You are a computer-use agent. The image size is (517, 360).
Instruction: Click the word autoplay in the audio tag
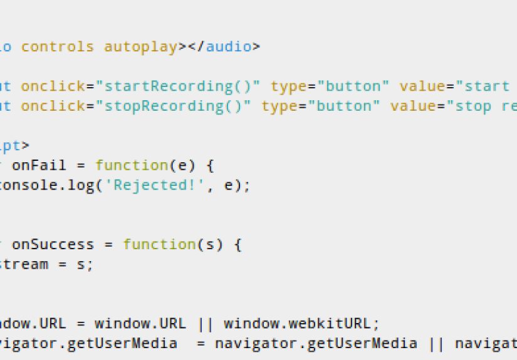[x=141, y=46]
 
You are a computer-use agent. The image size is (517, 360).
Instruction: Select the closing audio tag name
[x=229, y=46]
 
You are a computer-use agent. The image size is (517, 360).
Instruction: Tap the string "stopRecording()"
[x=173, y=106]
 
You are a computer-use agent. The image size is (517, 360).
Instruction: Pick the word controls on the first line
[x=58, y=46]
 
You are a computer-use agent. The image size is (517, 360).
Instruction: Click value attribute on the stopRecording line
[x=414, y=106]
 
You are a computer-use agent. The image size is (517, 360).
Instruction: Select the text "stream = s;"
[x=44, y=264]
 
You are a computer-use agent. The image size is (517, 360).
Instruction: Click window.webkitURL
[x=301, y=324]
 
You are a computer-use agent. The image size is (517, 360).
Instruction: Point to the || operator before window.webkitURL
[x=205, y=324]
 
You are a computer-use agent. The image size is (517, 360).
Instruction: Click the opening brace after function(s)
[x=237, y=244]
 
